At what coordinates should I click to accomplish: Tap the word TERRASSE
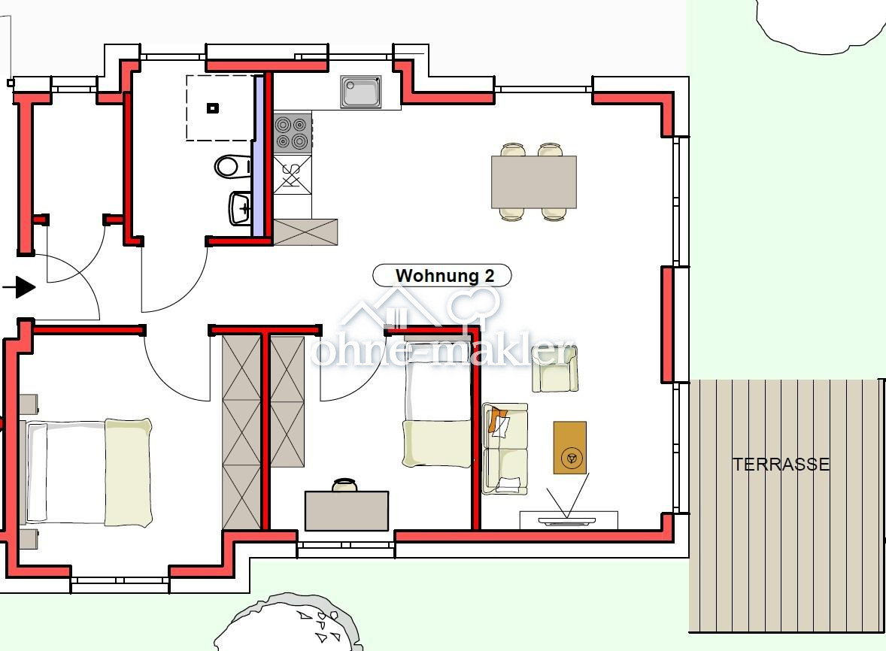(x=781, y=464)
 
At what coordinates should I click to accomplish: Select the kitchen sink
(x=360, y=92)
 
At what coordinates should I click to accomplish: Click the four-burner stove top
(x=293, y=133)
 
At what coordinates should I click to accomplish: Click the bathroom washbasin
(x=241, y=208)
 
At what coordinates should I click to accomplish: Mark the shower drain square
(x=212, y=107)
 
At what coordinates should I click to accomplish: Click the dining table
(x=533, y=182)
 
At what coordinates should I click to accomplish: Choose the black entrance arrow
(x=20, y=287)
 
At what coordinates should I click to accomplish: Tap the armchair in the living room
(x=555, y=369)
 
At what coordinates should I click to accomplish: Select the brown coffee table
(x=569, y=447)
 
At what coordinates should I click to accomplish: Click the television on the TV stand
(x=567, y=520)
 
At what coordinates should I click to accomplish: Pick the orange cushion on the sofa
(x=496, y=420)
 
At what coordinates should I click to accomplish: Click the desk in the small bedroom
(x=347, y=511)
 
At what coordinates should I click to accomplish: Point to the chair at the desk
(x=344, y=485)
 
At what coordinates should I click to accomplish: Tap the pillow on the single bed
(x=437, y=444)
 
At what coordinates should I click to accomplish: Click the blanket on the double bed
(x=129, y=472)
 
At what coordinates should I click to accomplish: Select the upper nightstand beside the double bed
(x=29, y=404)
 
